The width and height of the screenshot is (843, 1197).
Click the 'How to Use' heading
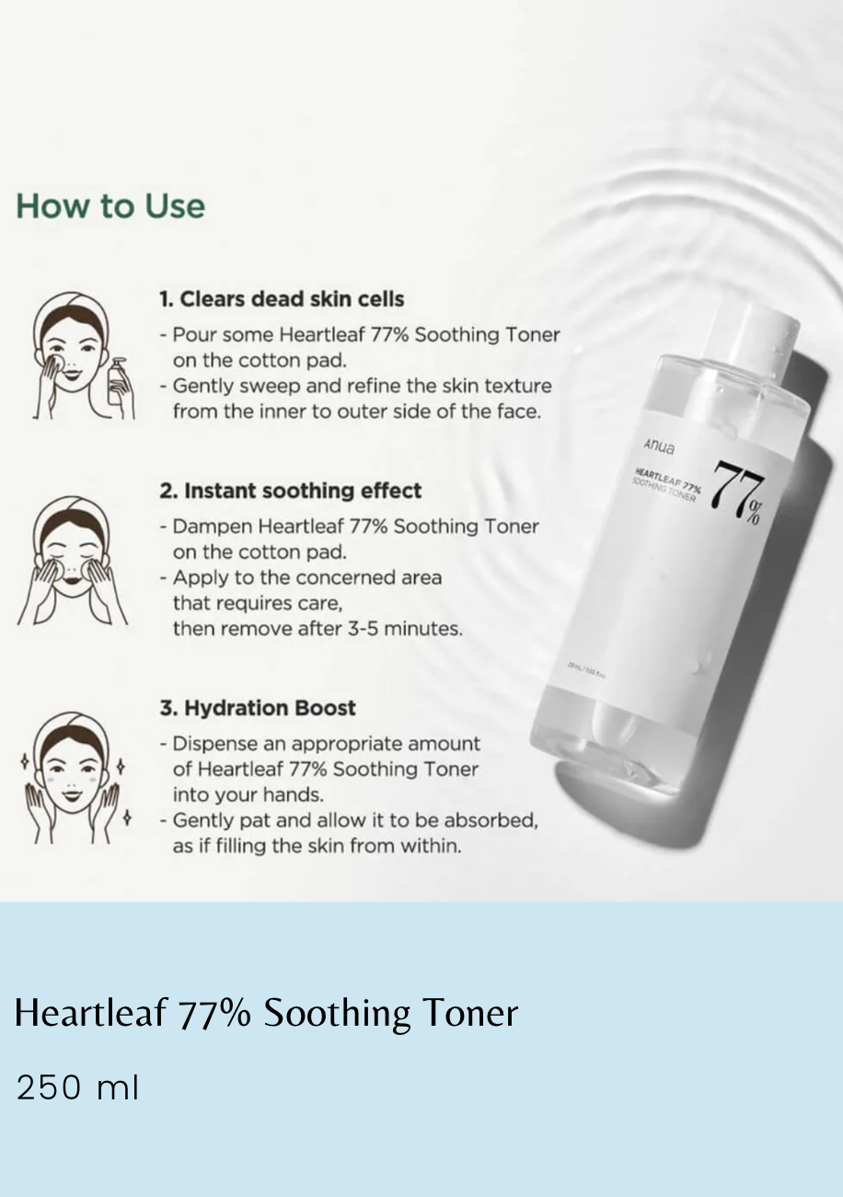click(x=110, y=205)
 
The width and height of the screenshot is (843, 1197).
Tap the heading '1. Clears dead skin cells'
click(x=282, y=299)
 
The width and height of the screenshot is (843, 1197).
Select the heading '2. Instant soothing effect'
click(x=291, y=491)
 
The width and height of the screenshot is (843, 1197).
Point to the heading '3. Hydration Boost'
click(x=258, y=708)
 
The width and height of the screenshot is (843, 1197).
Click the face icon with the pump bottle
click(x=74, y=354)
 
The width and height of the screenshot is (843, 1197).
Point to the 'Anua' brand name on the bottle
click(x=659, y=447)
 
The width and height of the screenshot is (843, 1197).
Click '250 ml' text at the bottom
click(x=77, y=1087)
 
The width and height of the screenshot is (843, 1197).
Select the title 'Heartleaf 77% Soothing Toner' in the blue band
click(x=267, y=1013)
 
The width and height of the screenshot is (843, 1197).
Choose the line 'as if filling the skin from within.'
click(x=317, y=845)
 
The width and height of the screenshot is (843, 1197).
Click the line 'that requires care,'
click(x=257, y=603)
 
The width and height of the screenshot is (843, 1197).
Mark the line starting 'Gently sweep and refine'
click(x=362, y=386)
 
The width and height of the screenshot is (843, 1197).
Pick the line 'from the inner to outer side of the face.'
click(x=356, y=412)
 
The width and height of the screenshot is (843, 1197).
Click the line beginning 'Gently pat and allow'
click(x=354, y=819)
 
